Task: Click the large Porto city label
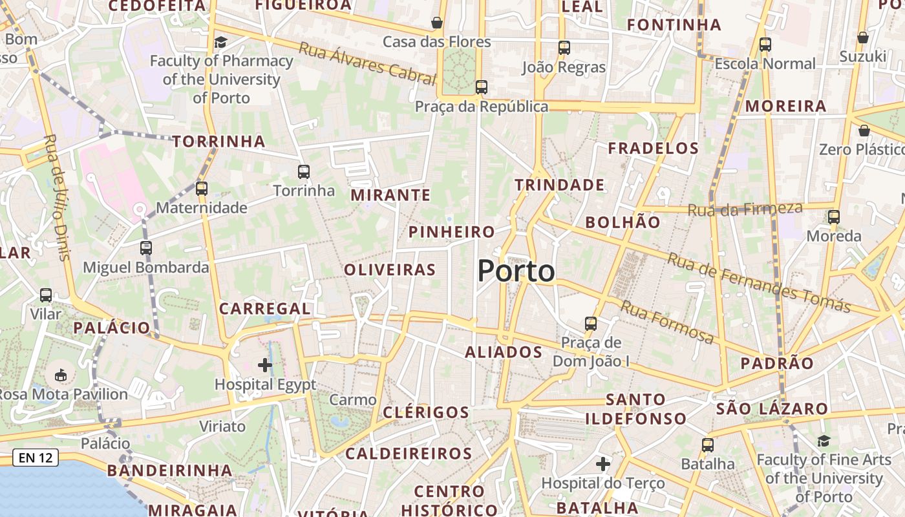(516, 271)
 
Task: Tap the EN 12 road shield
(36, 458)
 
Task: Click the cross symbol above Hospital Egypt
(265, 365)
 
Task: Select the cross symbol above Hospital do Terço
(603, 463)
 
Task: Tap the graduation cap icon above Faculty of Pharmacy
(221, 42)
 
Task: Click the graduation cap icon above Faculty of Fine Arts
(824, 441)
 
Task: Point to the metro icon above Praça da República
(481, 87)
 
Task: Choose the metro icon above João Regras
(564, 47)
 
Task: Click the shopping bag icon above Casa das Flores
(437, 23)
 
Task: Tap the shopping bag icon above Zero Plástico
(864, 131)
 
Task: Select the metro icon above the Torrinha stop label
(304, 171)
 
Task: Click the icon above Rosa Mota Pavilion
(61, 375)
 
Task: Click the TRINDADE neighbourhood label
(560, 185)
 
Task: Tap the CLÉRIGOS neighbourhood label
(426, 412)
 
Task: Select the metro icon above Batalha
(708, 445)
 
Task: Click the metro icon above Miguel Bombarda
(146, 248)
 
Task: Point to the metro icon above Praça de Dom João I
(591, 323)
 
